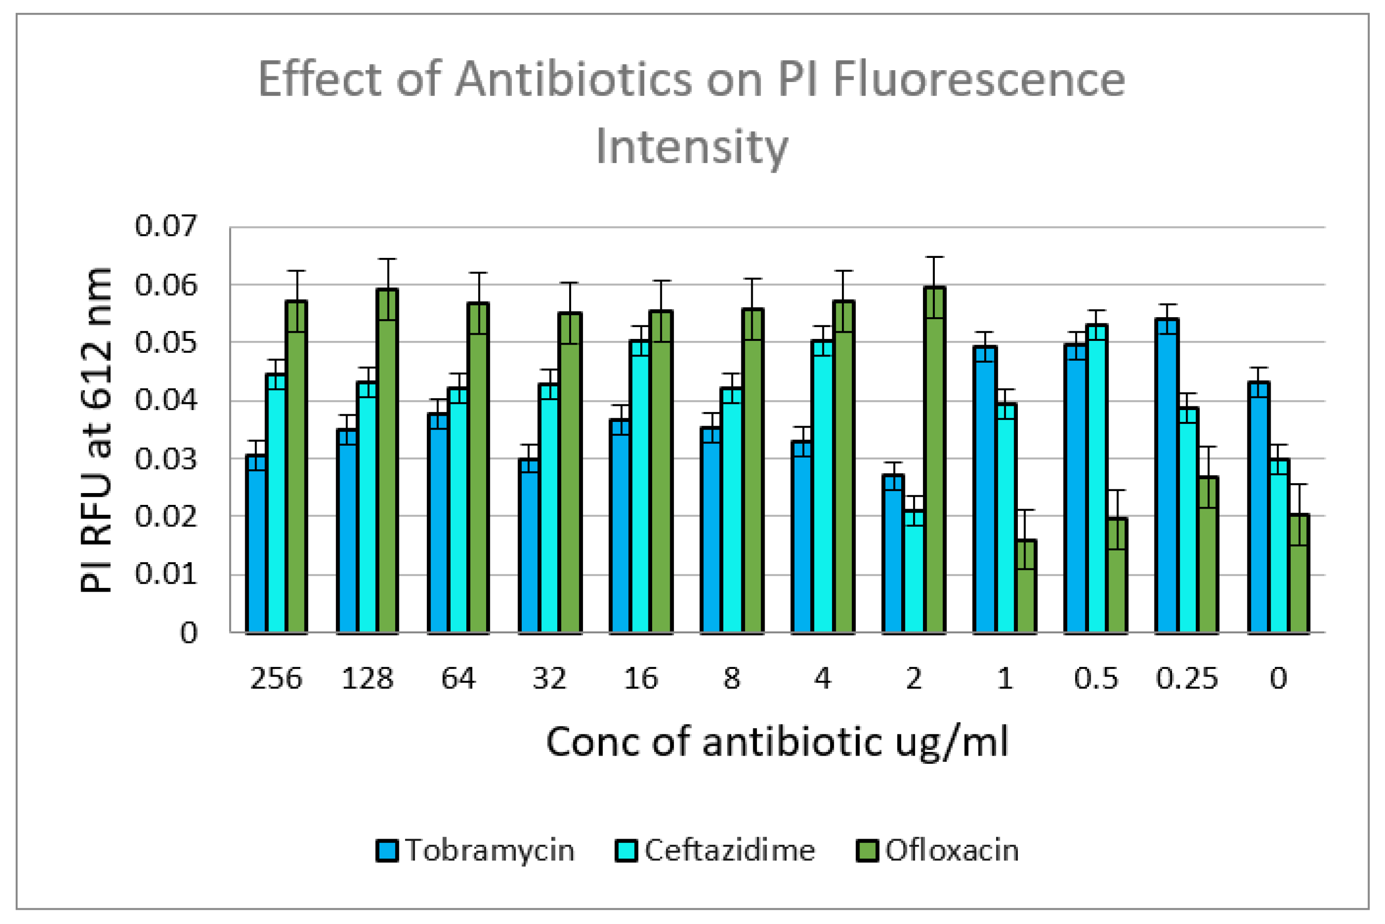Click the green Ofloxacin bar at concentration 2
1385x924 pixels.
point(934,460)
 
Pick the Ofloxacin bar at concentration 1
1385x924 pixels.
point(1026,586)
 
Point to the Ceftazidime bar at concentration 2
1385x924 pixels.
point(914,572)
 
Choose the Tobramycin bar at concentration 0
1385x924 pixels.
point(1258,507)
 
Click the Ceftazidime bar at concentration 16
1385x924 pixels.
point(640,486)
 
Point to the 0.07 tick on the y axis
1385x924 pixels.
point(165,226)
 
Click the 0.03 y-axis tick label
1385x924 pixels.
point(165,459)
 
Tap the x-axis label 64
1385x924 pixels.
point(458,679)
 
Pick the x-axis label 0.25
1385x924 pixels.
point(1186,679)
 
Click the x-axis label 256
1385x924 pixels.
point(276,679)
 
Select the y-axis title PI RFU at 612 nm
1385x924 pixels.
point(96,430)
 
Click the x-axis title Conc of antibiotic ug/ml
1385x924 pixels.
point(777,742)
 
